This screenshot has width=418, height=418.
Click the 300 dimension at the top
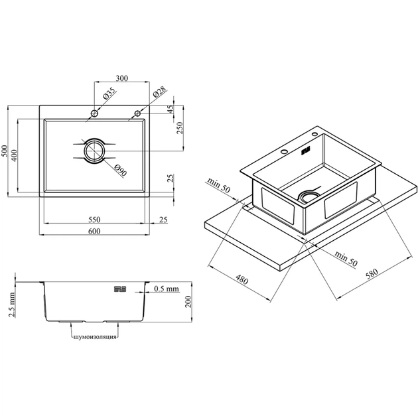tap(122, 78)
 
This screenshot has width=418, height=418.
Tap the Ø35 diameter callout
tap(109, 94)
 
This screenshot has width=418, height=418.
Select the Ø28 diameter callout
tap(159, 92)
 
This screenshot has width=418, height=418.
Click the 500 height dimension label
tap(5, 151)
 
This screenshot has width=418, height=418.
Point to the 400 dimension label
tap(14, 155)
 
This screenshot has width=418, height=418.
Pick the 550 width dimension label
tap(94, 220)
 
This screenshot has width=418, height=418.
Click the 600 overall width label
tap(94, 231)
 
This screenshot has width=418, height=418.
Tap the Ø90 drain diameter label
tap(120, 171)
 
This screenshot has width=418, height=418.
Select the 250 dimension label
tap(180, 128)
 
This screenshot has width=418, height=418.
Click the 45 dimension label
tap(171, 109)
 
